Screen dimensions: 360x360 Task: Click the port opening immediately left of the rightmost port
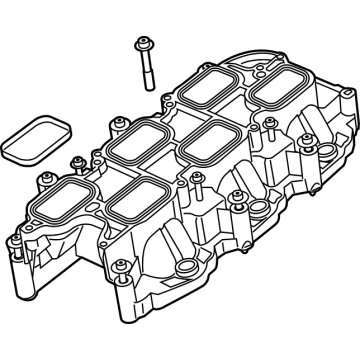[211, 93]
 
